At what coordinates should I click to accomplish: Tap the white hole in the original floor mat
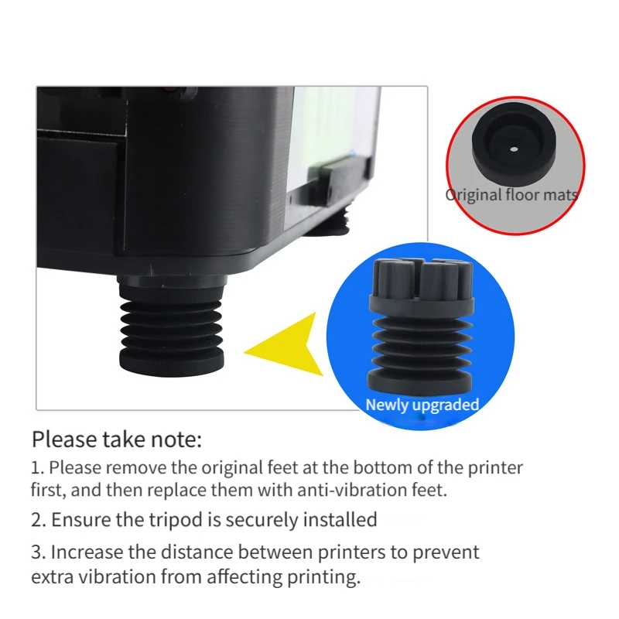pos(514,149)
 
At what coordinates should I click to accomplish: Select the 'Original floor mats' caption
pos(511,195)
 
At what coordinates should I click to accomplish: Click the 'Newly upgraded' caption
pos(422,405)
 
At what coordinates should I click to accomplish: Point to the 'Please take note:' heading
pos(117,439)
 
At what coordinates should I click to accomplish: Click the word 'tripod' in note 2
pos(176,520)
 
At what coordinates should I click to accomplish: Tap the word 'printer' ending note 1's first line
pos(495,468)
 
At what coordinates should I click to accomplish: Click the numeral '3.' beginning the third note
pos(39,552)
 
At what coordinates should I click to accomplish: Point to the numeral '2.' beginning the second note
pos(39,520)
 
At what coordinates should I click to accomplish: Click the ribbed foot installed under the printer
pos(171,326)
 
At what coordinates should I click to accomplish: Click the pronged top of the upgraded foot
pos(422,280)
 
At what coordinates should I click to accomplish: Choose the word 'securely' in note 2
pos(261,520)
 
